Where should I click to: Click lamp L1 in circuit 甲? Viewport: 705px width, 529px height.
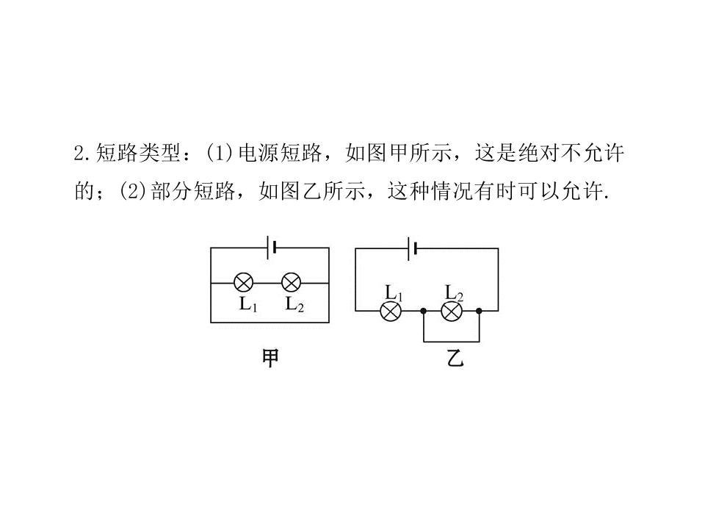(244, 283)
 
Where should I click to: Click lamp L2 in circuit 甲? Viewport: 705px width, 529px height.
(291, 283)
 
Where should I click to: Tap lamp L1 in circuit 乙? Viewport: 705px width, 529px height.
(391, 311)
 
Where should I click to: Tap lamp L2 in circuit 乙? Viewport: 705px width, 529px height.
(452, 311)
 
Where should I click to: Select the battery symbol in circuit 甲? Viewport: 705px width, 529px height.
(271, 247)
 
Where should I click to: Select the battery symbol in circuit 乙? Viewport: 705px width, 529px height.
(412, 248)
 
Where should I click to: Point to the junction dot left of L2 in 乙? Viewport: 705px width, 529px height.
(423, 311)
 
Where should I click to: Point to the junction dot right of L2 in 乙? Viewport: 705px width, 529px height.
(479, 311)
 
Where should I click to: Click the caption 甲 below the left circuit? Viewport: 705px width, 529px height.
(270, 359)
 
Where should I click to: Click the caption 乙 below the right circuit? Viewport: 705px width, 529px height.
(455, 359)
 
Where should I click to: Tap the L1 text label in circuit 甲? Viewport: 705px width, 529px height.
(248, 304)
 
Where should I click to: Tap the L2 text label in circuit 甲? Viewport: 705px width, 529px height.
(295, 304)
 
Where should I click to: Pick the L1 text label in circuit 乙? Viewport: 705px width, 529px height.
(394, 293)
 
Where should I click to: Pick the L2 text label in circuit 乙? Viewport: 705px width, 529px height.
(454, 293)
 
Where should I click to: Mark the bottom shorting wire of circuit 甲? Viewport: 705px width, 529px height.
(270, 322)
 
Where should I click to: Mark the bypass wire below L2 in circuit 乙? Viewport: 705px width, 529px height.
(451, 342)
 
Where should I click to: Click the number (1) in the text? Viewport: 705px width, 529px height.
(220, 154)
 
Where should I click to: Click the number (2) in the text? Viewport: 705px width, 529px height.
(132, 192)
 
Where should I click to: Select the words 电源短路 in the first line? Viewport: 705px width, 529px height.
(280, 154)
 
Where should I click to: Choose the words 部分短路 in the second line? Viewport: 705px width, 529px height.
(193, 192)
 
